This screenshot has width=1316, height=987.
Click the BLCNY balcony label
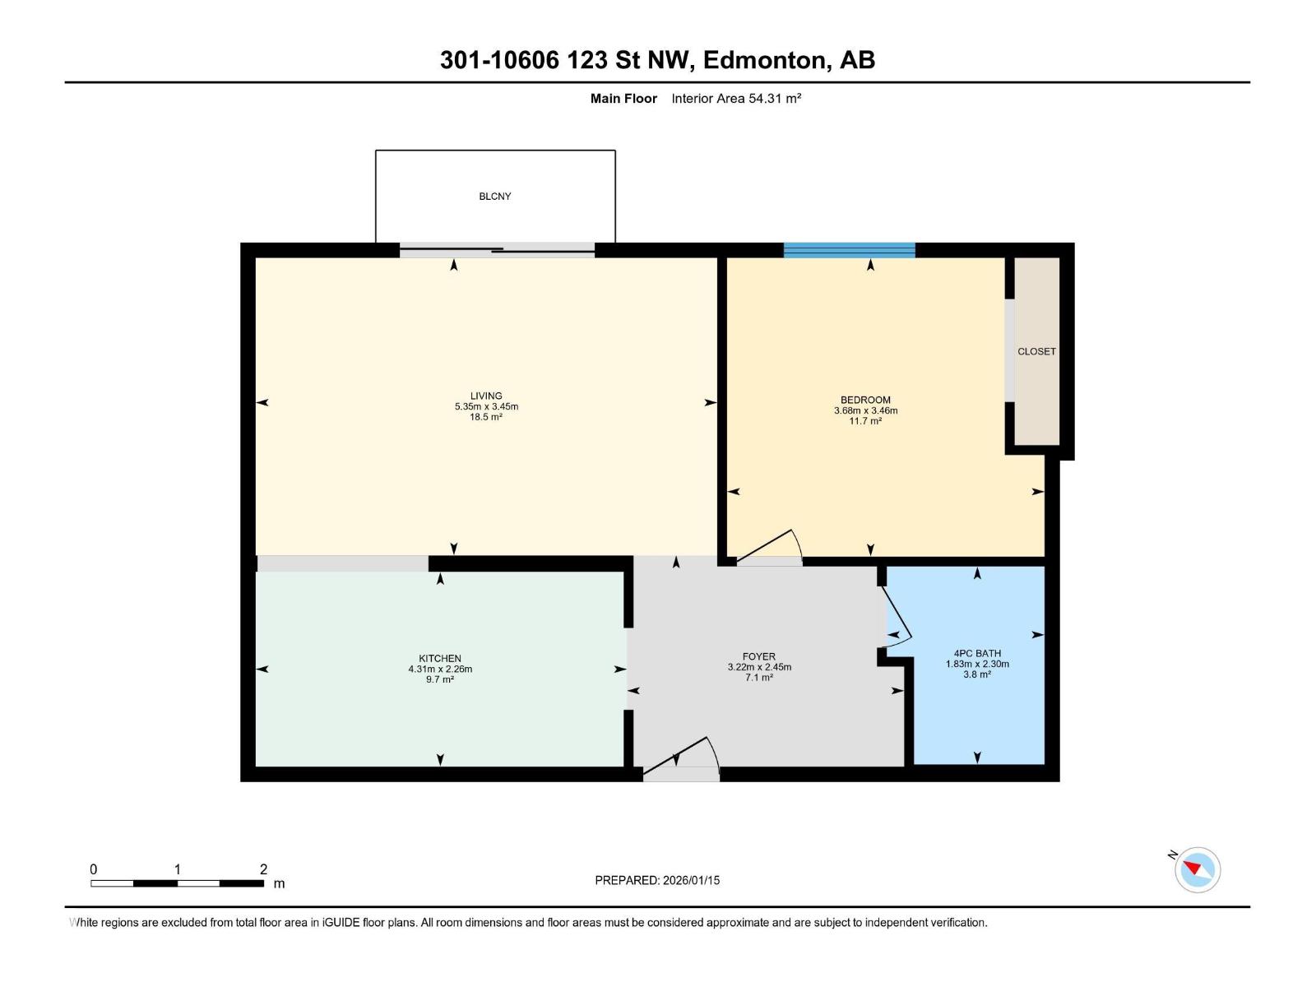tap(495, 197)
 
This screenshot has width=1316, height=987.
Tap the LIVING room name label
tap(486, 396)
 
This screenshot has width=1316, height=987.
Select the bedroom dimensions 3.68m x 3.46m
tap(865, 410)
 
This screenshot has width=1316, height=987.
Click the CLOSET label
tap(1036, 351)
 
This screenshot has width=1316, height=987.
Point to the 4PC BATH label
tap(977, 653)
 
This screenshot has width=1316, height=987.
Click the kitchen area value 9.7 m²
tap(440, 679)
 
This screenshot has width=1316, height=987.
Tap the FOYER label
tap(758, 656)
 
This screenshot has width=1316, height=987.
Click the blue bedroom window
tap(849, 250)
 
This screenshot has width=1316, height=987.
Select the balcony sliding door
tap(497, 249)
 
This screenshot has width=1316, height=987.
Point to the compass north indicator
tap(1197, 869)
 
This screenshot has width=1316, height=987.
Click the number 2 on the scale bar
tap(263, 869)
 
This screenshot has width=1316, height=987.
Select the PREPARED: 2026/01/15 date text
tap(657, 880)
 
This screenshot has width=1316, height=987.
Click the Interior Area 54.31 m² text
tap(736, 99)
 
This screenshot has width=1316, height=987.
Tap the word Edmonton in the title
tap(766, 60)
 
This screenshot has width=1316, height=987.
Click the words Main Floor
tap(623, 99)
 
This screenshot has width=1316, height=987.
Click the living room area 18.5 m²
tap(486, 417)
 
